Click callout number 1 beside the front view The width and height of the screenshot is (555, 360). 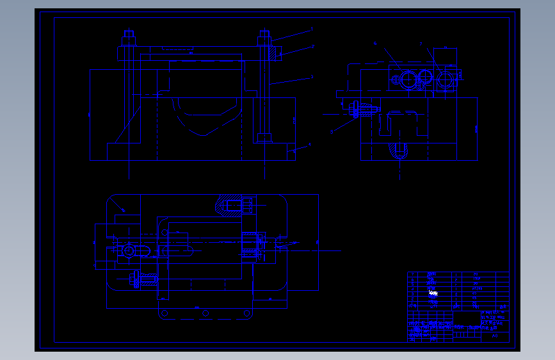pyautogui.click(x=312, y=29)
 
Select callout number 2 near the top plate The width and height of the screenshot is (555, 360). pyautogui.click(x=312, y=46)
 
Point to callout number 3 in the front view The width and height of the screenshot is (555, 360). pyautogui.click(x=312, y=77)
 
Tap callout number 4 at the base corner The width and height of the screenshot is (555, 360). pyautogui.click(x=310, y=145)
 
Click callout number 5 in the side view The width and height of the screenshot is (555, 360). pyautogui.click(x=332, y=132)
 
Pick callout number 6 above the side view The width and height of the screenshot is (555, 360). pyautogui.click(x=375, y=44)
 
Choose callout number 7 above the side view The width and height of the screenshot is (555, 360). pyautogui.click(x=421, y=44)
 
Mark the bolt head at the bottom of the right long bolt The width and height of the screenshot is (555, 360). pyautogui.click(x=265, y=137)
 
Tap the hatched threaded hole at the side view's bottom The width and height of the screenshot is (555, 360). pyautogui.click(x=400, y=151)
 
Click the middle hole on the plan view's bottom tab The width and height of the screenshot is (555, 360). pyautogui.click(x=205, y=313)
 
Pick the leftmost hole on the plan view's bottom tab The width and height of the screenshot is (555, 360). pyautogui.click(x=165, y=313)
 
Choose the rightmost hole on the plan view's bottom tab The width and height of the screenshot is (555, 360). pyautogui.click(x=246, y=313)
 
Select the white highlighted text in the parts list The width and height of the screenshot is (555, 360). pyautogui.click(x=433, y=293)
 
